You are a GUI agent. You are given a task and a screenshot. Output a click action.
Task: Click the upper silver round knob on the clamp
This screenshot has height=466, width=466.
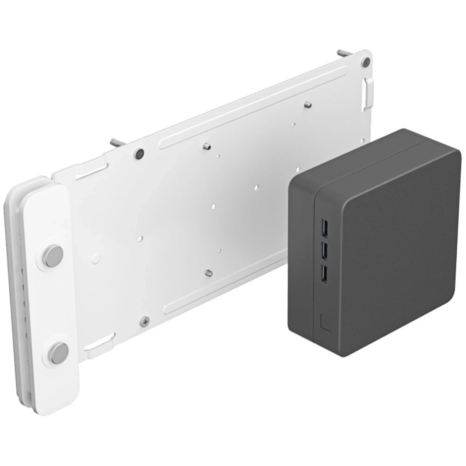point(54,256)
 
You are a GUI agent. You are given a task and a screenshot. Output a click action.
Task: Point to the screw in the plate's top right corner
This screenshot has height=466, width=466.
point(366,62)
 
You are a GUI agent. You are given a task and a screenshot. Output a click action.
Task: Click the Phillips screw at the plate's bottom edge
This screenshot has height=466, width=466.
point(144,322)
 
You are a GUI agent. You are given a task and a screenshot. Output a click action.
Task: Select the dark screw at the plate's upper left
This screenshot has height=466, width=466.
point(139,153)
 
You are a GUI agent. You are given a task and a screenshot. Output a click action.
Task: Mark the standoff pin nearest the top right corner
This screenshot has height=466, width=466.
point(308,105)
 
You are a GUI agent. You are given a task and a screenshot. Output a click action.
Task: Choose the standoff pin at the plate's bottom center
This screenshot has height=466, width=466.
point(209,273)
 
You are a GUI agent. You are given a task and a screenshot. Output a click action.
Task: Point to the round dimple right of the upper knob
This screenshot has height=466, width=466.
point(96,258)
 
